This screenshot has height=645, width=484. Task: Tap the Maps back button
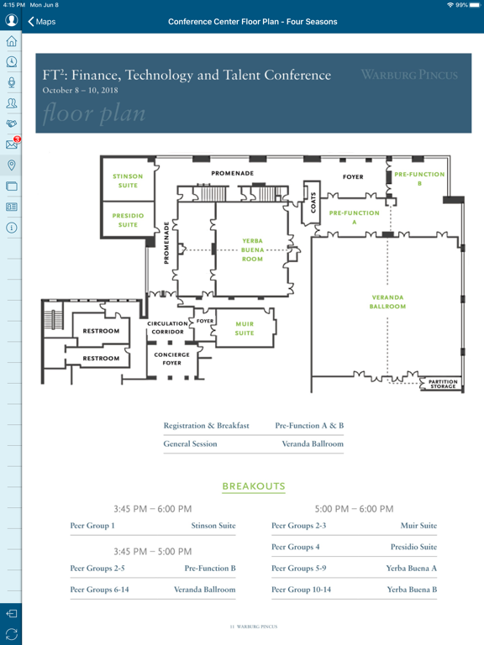(x=41, y=21)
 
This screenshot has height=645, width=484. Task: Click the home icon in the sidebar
(x=12, y=41)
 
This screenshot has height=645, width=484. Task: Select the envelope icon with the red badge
(x=13, y=143)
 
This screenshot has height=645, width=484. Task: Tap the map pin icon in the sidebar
(x=12, y=165)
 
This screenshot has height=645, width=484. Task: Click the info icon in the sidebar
(x=12, y=228)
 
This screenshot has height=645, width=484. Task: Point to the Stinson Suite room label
(x=128, y=181)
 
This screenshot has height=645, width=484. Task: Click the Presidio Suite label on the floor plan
(x=128, y=220)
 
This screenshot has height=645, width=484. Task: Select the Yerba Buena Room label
(x=252, y=249)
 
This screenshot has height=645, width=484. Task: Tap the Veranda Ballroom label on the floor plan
(x=387, y=302)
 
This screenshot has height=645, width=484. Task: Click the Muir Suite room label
(x=245, y=328)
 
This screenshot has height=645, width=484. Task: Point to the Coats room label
(x=313, y=202)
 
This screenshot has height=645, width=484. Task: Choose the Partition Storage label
(x=443, y=384)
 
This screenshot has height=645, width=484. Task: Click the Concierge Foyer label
(x=171, y=359)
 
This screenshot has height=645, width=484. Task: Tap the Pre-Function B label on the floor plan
(x=419, y=179)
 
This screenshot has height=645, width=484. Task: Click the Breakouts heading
(x=254, y=486)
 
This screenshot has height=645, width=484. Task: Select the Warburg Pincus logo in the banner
(x=409, y=75)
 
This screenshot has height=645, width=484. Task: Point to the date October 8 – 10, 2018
(x=81, y=91)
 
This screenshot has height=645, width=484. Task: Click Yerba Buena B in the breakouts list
(x=412, y=590)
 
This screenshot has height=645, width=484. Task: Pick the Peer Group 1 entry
(x=92, y=526)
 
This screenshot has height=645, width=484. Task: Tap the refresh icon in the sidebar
(x=12, y=634)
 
